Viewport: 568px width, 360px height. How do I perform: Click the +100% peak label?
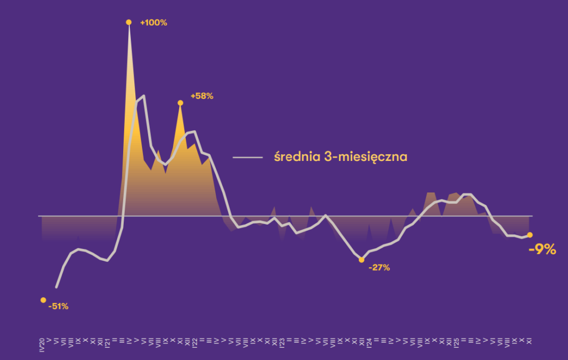154,23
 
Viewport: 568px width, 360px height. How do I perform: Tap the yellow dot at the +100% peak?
129,22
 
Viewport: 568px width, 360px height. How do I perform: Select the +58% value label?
202,96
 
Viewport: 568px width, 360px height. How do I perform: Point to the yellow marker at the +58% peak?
180,103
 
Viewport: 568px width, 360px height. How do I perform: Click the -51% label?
58,306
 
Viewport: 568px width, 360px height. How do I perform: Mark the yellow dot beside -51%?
43,300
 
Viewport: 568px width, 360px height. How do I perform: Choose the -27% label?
379,268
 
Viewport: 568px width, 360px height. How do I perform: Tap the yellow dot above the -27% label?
362,260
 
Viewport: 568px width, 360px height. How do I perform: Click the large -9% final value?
542,250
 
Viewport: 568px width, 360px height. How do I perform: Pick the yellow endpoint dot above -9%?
530,235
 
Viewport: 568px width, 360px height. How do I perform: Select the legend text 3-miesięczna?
366,158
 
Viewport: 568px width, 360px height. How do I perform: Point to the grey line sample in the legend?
247,158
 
